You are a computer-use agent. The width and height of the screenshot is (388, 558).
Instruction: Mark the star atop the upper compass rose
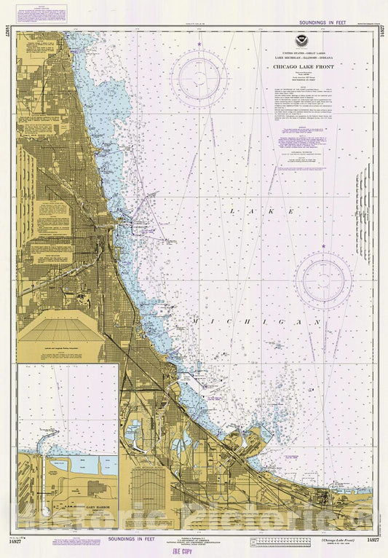198,45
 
